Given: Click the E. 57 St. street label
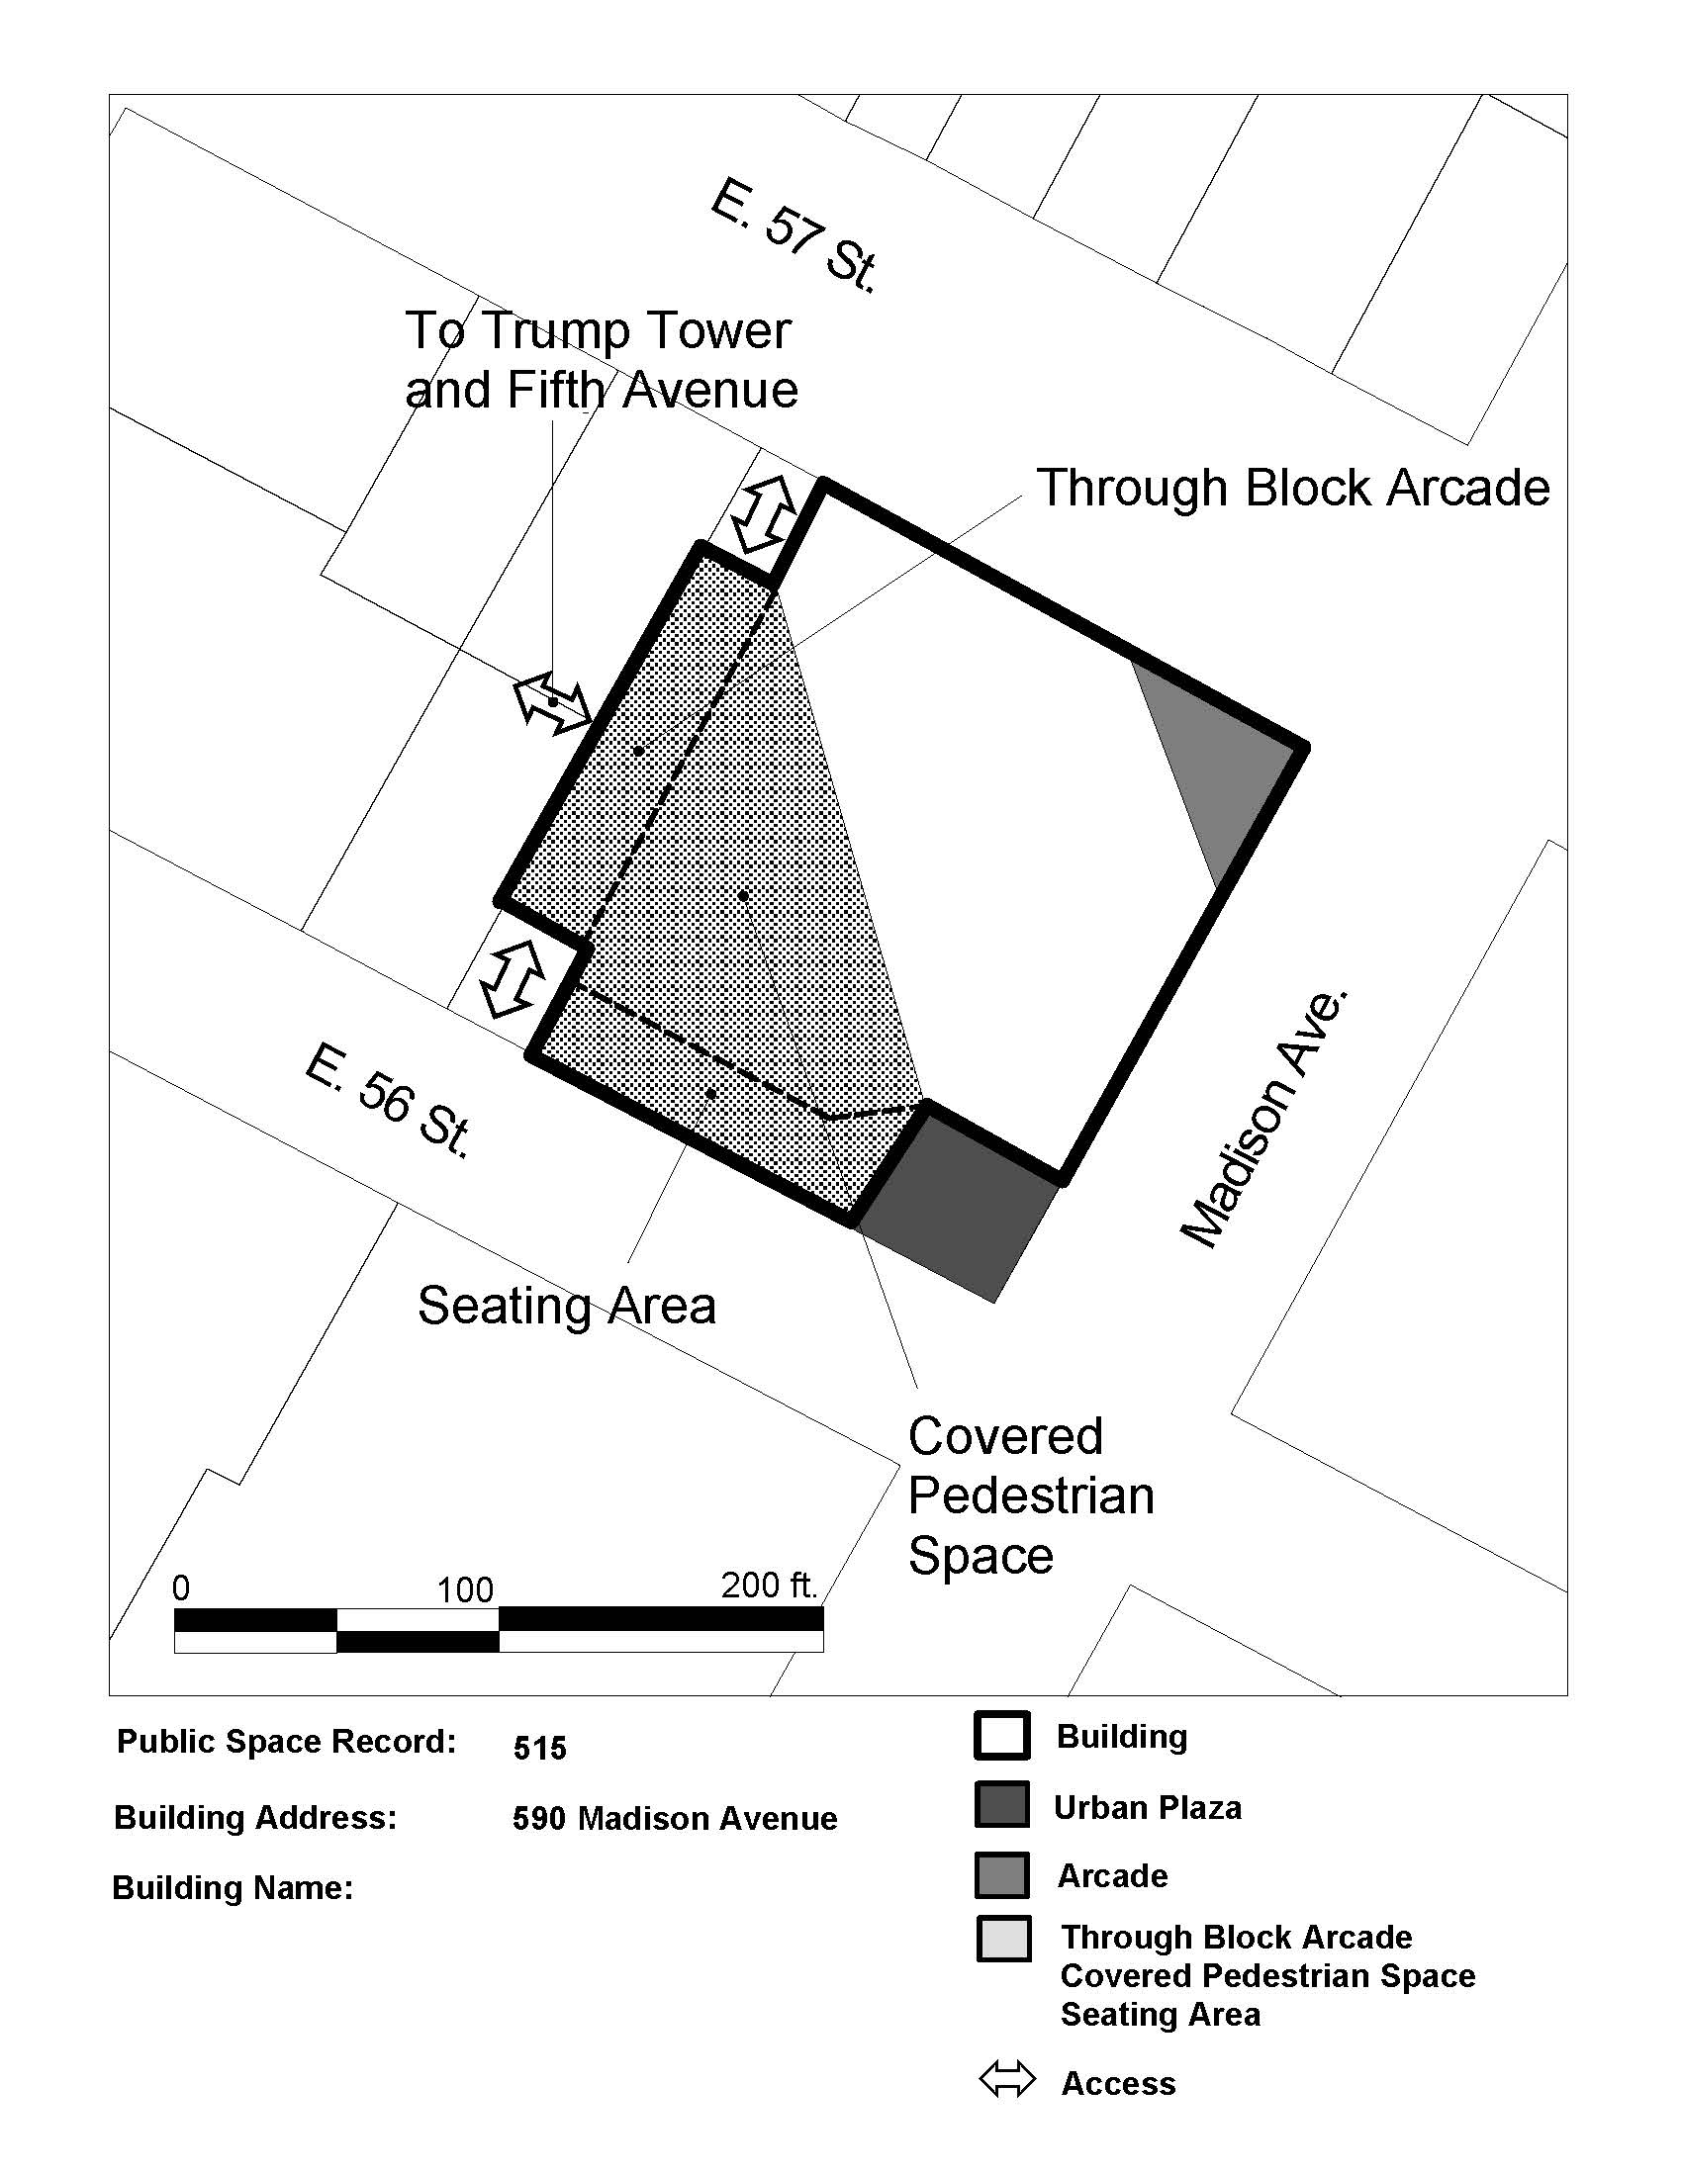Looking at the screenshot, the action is pos(794,236).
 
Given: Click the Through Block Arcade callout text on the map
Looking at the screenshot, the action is pos(1293,489).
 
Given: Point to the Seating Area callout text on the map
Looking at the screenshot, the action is pos(566,1306).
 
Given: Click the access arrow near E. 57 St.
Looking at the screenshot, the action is pos(763,514).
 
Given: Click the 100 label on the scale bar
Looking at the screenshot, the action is pos(464,1589).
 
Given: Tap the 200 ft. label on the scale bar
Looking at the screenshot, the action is pos(769,1585).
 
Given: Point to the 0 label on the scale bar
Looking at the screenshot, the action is pos(180,1587).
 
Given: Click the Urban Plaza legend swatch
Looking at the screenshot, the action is pos(1001,1804).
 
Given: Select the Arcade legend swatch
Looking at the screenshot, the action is pos(1001,1875).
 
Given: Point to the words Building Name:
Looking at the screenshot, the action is pos(234,1888).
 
